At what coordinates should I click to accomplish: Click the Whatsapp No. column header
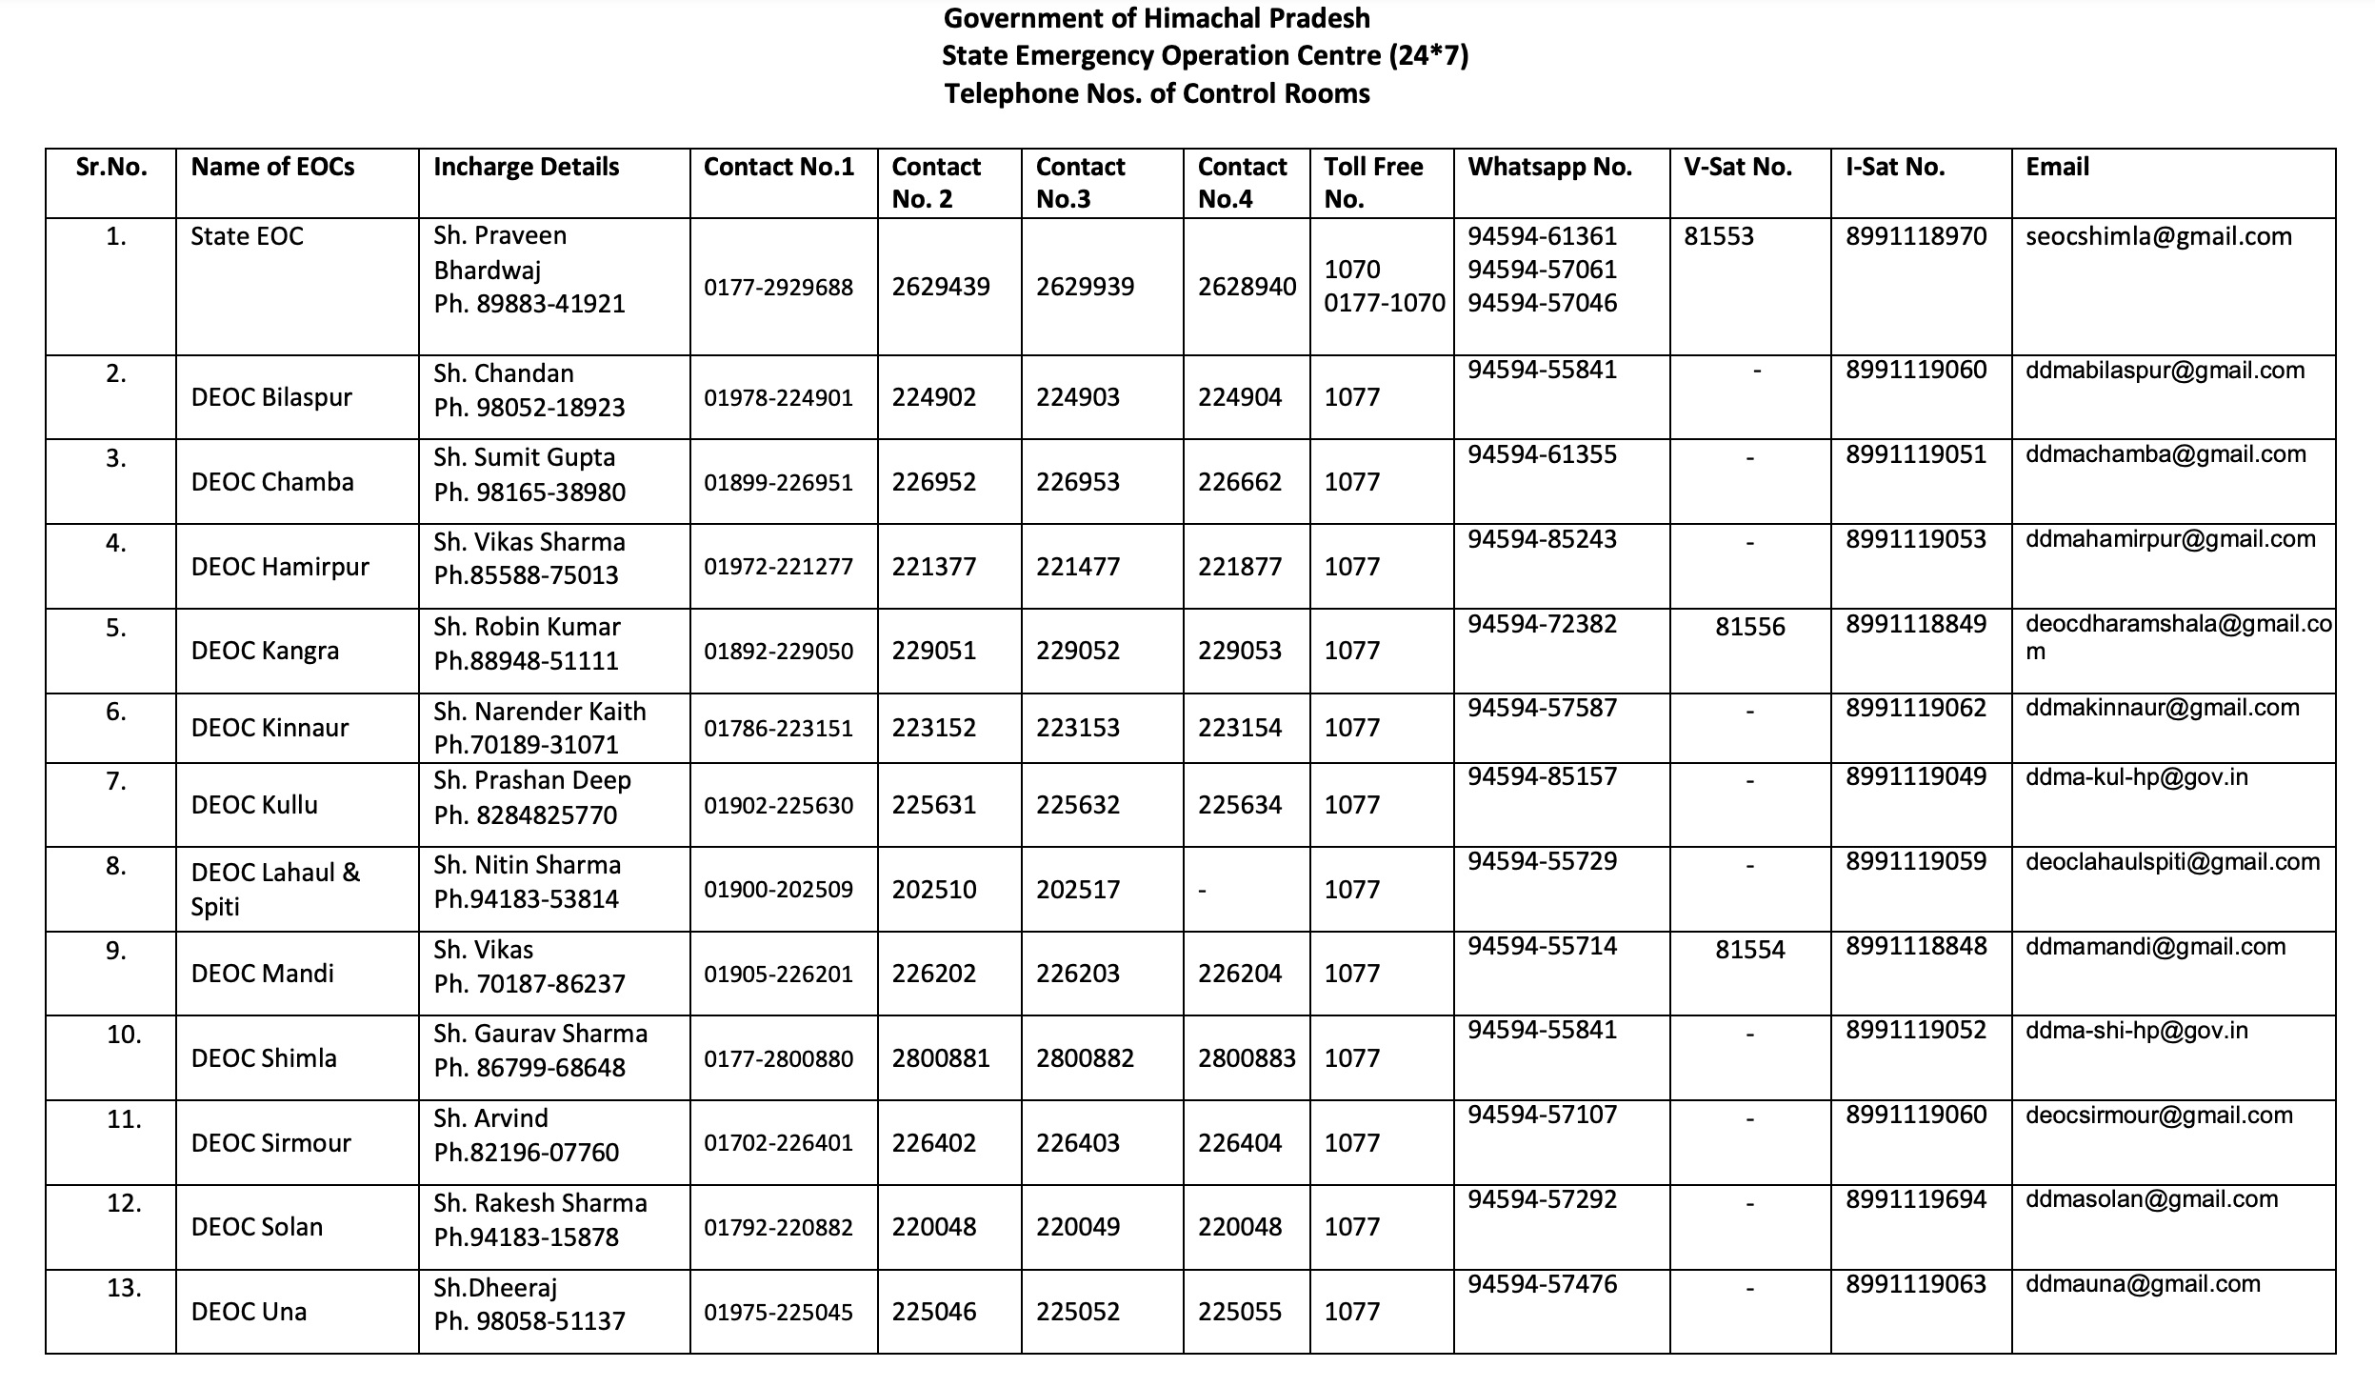click(x=1549, y=168)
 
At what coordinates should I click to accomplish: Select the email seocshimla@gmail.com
click(x=2158, y=236)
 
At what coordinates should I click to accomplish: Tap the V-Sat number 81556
click(x=1749, y=627)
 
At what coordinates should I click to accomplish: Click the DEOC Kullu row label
click(x=254, y=805)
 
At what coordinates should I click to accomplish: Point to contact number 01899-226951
click(x=778, y=482)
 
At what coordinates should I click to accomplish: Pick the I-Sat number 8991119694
click(x=1915, y=1199)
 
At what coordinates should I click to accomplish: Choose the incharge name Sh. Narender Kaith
click(x=539, y=712)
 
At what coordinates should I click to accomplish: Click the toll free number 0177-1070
click(x=1384, y=303)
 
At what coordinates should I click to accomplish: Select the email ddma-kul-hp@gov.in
click(x=2136, y=777)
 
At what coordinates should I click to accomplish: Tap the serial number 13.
click(x=124, y=1288)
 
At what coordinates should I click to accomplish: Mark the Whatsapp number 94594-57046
click(x=1542, y=303)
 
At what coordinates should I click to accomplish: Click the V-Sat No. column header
click(x=1737, y=168)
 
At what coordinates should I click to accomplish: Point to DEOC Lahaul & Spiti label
click(x=275, y=889)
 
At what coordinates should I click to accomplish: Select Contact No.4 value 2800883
click(x=1246, y=1058)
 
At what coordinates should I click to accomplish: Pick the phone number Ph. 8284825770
click(x=525, y=815)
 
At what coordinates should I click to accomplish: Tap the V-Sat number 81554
click(x=1749, y=950)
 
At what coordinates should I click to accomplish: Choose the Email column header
click(x=2057, y=168)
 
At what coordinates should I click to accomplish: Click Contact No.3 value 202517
click(x=1077, y=890)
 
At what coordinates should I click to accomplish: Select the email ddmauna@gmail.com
click(x=2143, y=1284)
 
